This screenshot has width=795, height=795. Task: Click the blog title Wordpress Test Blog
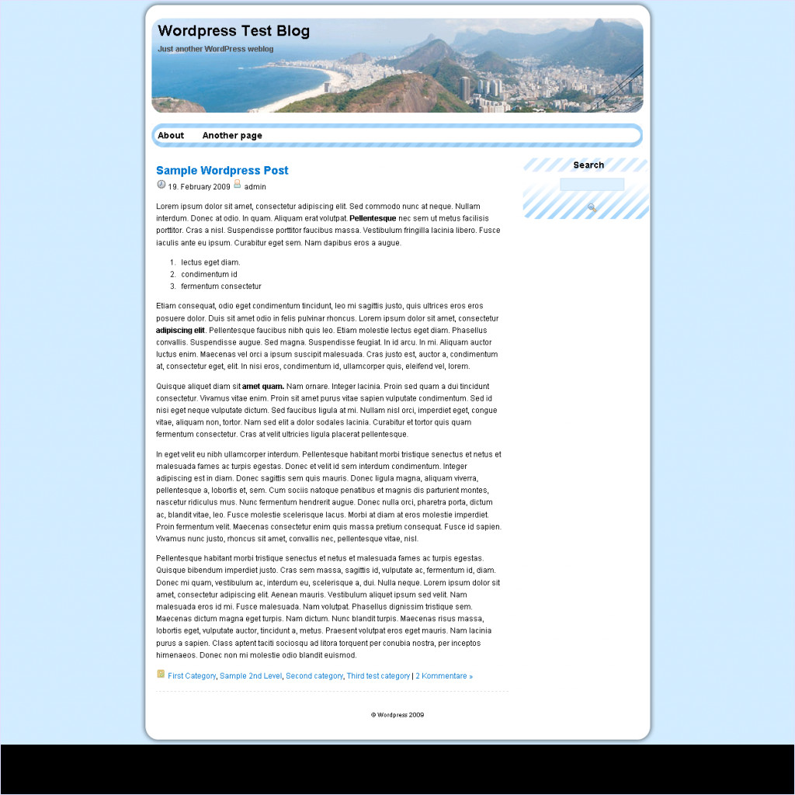(x=234, y=32)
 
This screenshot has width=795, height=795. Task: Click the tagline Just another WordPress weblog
(x=215, y=49)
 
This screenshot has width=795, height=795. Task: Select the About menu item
(x=171, y=136)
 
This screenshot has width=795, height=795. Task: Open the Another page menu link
(x=232, y=136)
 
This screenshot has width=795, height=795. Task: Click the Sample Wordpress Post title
(x=222, y=171)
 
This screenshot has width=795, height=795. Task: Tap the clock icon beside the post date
(x=161, y=185)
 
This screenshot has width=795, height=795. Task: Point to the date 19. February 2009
(x=199, y=187)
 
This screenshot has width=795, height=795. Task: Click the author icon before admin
(x=238, y=185)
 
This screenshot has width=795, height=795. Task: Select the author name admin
(x=255, y=187)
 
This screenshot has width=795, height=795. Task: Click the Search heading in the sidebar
(x=588, y=165)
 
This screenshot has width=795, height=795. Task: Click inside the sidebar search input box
(x=592, y=185)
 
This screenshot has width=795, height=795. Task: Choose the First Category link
(x=192, y=676)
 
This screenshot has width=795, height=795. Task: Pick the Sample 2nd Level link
(x=251, y=676)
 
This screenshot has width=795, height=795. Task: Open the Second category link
(x=314, y=676)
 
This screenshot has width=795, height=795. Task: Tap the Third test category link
(x=378, y=676)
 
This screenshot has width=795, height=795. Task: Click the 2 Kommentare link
(x=444, y=676)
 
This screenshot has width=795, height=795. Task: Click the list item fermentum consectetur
(x=221, y=286)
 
